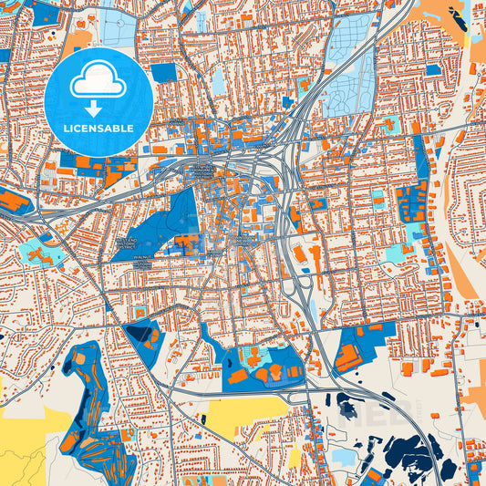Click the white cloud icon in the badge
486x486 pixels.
98,83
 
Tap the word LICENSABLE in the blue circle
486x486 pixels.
98,129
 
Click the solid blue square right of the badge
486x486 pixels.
164,72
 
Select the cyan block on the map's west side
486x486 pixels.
38,252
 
